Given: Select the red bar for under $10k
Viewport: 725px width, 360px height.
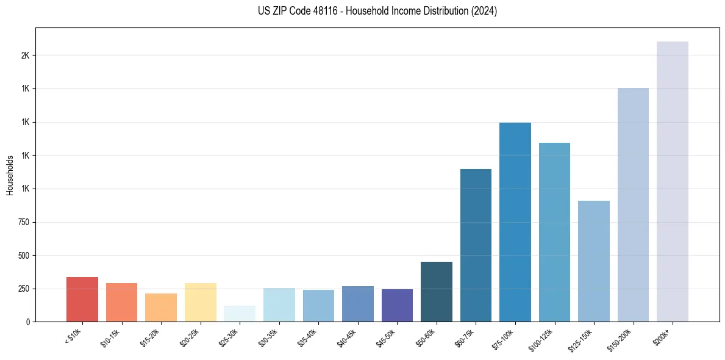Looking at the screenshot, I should point(82,299).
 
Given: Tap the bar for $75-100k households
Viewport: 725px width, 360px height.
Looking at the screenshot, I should point(515,222).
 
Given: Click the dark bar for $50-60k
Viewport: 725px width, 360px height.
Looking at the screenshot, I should point(436,292).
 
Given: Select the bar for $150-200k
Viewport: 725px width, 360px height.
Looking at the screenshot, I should point(633,204).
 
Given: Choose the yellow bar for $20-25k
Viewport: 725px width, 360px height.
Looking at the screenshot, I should point(200,302).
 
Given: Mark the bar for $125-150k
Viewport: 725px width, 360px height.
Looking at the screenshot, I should point(593,261).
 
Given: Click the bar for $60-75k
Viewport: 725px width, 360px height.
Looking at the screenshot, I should point(476,245).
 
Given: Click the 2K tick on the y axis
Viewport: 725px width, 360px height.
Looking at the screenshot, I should point(25,56).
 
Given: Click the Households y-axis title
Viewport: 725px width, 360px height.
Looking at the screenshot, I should point(10,175).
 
